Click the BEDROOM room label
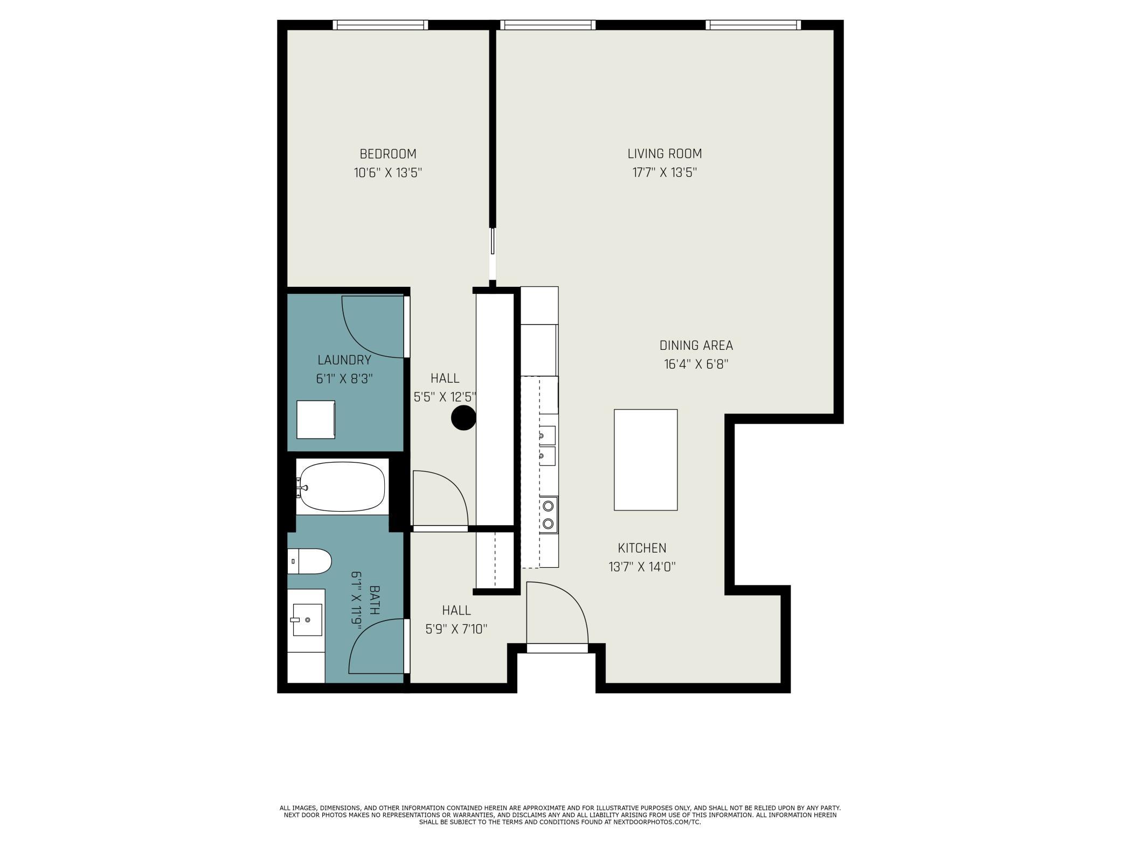pyautogui.click(x=388, y=154)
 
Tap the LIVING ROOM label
pyautogui.click(x=665, y=154)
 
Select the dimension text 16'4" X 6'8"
pyautogui.click(x=696, y=364)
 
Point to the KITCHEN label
pyautogui.click(x=642, y=548)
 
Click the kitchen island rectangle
pyautogui.click(x=646, y=460)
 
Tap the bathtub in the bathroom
pyautogui.click(x=342, y=487)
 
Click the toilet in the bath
pyautogui.click(x=309, y=562)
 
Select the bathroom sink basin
pyautogui.click(x=307, y=620)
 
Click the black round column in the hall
pyautogui.click(x=463, y=418)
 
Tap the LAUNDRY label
pyautogui.click(x=344, y=360)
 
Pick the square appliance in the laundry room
pyautogui.click(x=316, y=419)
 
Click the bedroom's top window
pyautogui.click(x=380, y=25)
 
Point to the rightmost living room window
pyautogui.click(x=753, y=25)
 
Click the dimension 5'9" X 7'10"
pyautogui.click(x=456, y=629)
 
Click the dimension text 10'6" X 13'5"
pyautogui.click(x=388, y=173)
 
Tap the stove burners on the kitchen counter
pyautogui.click(x=549, y=514)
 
